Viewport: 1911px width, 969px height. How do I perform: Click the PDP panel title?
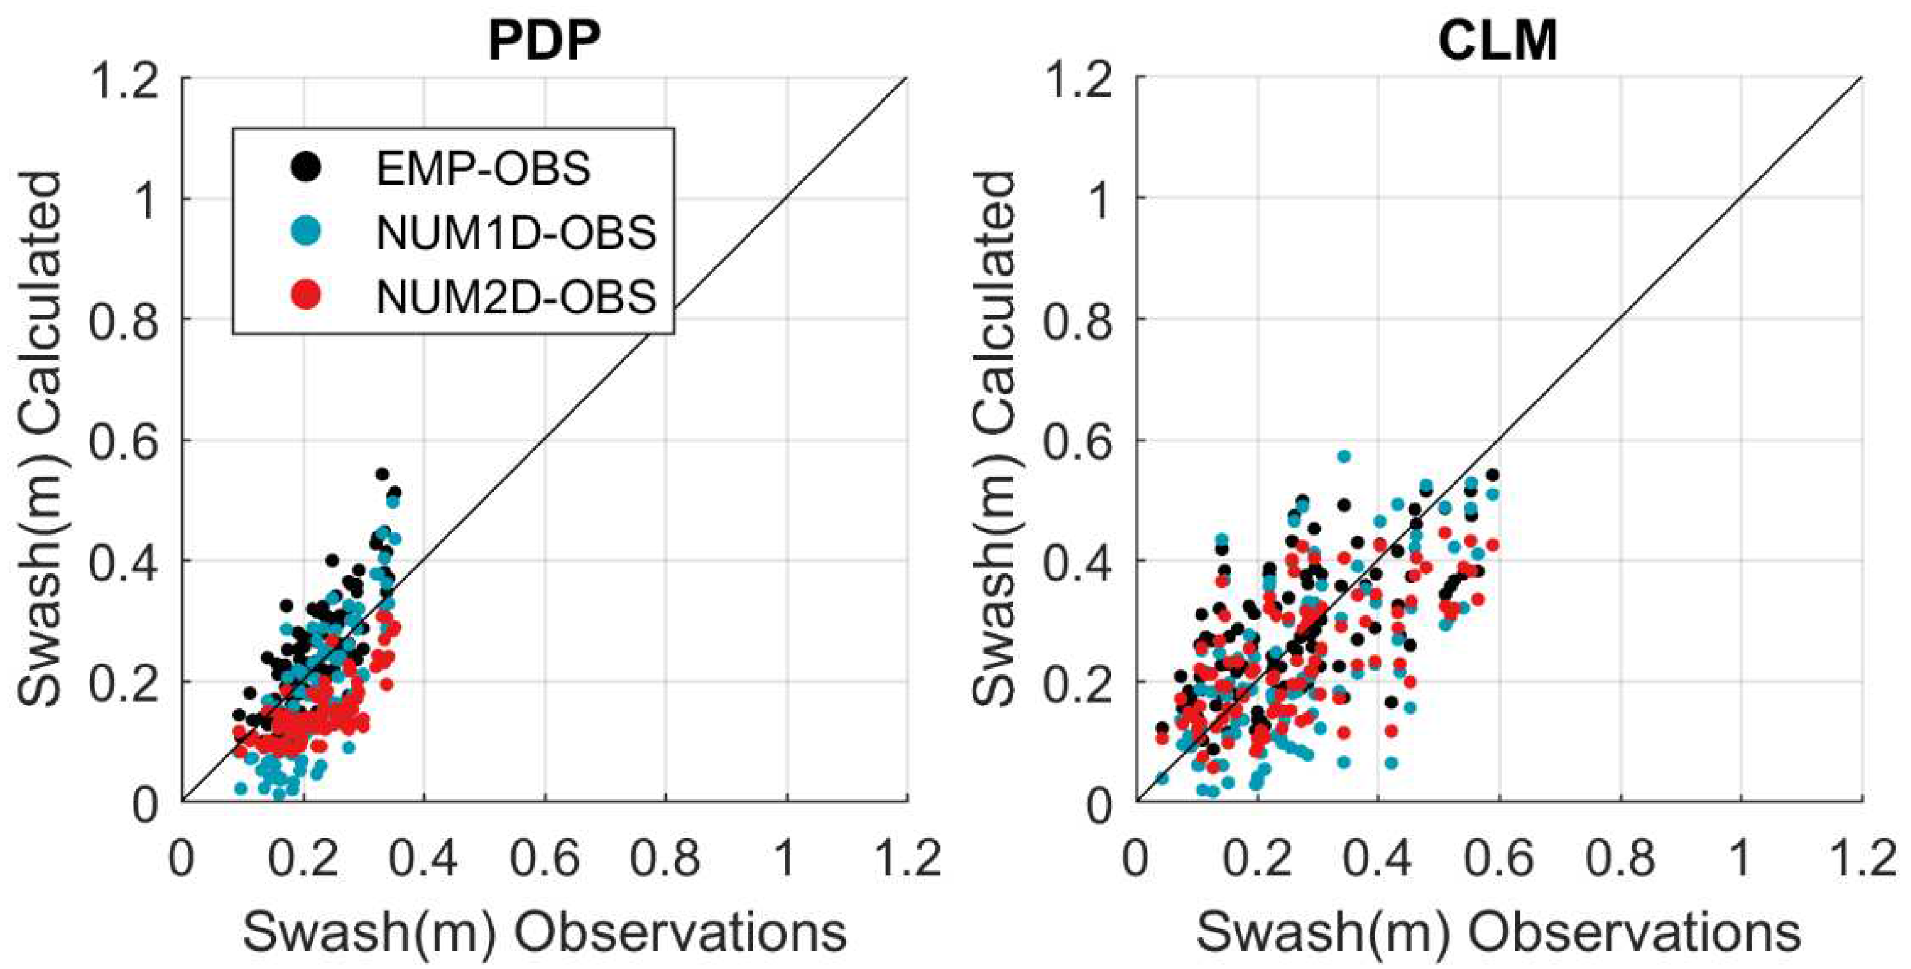click(x=544, y=41)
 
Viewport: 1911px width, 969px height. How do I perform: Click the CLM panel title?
click(x=1498, y=41)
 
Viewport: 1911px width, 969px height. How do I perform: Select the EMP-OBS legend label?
click(x=483, y=169)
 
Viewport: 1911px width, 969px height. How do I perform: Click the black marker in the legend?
click(x=305, y=167)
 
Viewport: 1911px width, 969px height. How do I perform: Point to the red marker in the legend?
click(x=305, y=296)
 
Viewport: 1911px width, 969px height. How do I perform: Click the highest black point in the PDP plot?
click(x=382, y=474)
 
